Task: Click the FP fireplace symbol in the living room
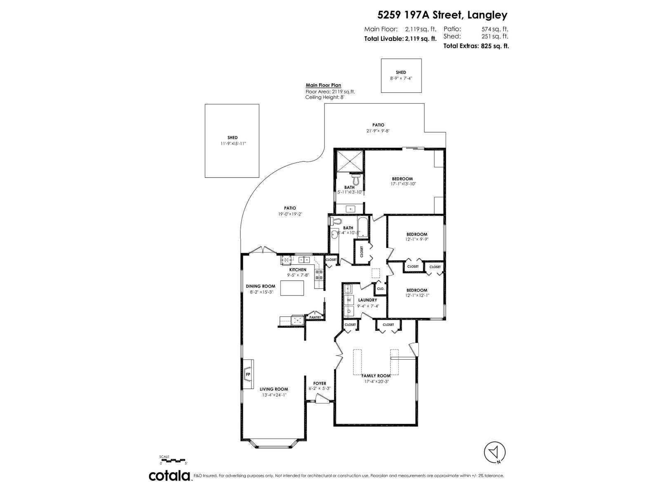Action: (x=248, y=374)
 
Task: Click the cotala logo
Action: (x=170, y=476)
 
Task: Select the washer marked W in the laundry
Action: (x=349, y=299)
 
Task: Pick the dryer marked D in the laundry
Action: (x=349, y=311)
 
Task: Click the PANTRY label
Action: (x=315, y=317)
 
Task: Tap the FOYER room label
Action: (x=320, y=383)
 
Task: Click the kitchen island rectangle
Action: (x=292, y=288)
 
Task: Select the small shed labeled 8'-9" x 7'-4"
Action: (x=401, y=75)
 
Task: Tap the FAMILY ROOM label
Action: (x=376, y=376)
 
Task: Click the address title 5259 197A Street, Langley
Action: (x=442, y=15)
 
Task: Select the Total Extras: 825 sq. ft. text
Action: (x=476, y=46)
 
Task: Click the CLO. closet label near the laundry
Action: (x=380, y=289)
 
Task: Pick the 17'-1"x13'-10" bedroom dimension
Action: (x=403, y=184)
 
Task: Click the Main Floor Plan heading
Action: (x=323, y=85)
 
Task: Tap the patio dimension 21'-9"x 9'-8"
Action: (x=378, y=131)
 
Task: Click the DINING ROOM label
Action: (x=260, y=286)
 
